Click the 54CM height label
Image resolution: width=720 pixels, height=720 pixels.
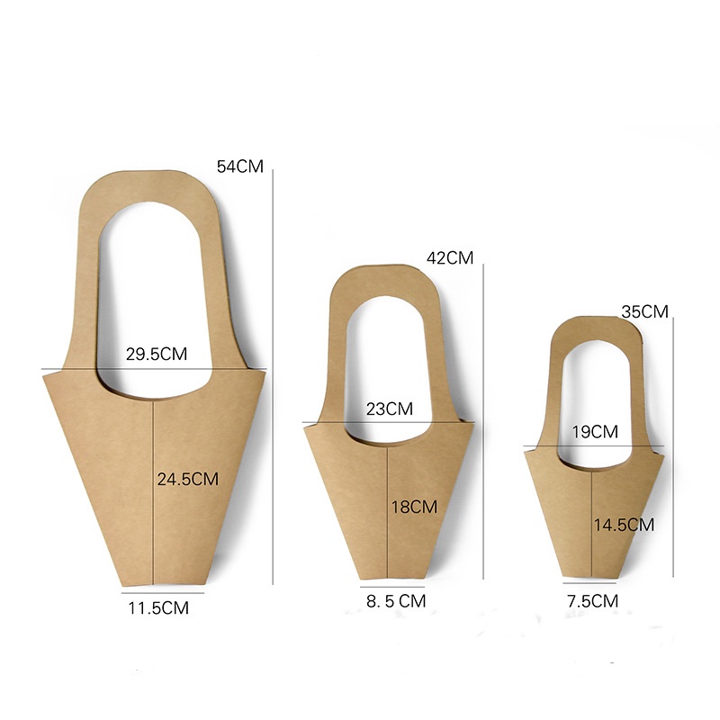(x=240, y=166)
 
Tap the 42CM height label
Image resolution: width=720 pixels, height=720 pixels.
(x=450, y=258)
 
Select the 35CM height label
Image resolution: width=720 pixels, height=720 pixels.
(x=644, y=311)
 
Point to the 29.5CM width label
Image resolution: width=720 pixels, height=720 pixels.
(x=157, y=354)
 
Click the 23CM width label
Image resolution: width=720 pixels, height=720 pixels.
(x=390, y=409)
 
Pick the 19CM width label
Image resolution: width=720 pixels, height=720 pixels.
(x=595, y=432)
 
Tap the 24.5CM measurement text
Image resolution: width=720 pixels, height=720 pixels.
(x=188, y=480)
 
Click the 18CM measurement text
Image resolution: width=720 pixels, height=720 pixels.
(x=414, y=507)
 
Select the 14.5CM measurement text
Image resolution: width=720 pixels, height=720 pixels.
(x=624, y=525)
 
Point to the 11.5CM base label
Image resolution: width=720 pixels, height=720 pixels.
(x=158, y=608)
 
